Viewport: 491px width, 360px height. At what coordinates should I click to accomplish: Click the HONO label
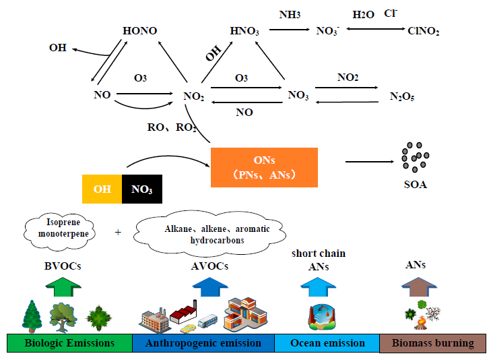(x=140, y=31)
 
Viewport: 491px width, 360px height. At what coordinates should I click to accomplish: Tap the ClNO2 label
(x=423, y=30)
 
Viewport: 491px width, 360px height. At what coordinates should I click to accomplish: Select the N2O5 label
(x=402, y=96)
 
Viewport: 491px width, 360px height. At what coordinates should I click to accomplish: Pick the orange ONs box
(x=264, y=165)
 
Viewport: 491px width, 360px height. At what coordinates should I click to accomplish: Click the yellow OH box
(x=102, y=189)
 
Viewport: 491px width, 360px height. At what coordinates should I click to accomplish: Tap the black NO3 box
(x=142, y=189)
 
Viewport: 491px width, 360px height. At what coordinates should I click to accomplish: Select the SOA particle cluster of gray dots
(x=414, y=158)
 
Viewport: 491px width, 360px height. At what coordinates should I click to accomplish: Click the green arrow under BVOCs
(x=64, y=287)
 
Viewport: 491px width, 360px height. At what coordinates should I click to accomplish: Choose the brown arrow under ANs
(x=415, y=287)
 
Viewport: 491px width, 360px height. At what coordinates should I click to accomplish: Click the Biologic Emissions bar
(x=69, y=343)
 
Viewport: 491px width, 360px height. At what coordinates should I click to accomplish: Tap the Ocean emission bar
(x=327, y=343)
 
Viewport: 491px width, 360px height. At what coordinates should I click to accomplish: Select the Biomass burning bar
(x=434, y=343)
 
